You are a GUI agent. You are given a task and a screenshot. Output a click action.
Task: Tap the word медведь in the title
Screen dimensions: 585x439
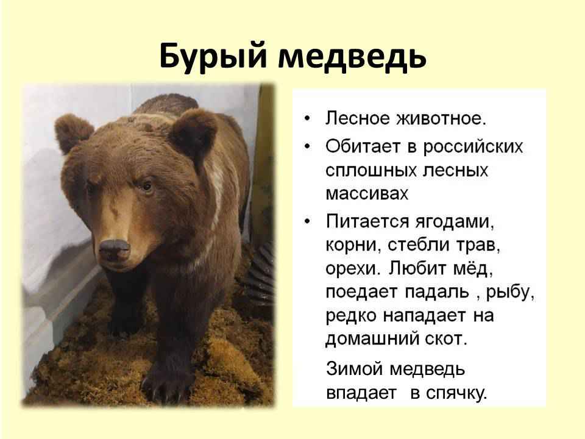[352, 56]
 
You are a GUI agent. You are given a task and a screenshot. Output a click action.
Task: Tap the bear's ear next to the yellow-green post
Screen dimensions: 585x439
[193, 132]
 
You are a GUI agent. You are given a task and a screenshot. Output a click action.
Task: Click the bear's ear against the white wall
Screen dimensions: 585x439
[72, 132]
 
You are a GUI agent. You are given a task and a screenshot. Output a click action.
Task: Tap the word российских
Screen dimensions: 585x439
[473, 147]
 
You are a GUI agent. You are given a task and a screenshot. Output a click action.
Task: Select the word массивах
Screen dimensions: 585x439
[367, 194]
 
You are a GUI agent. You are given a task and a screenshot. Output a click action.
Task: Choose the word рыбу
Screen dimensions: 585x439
[510, 293]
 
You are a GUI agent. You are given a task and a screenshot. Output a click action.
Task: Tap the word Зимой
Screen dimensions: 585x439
[355, 369]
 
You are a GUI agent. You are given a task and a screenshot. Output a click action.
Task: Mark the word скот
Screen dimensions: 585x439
[446, 340]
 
